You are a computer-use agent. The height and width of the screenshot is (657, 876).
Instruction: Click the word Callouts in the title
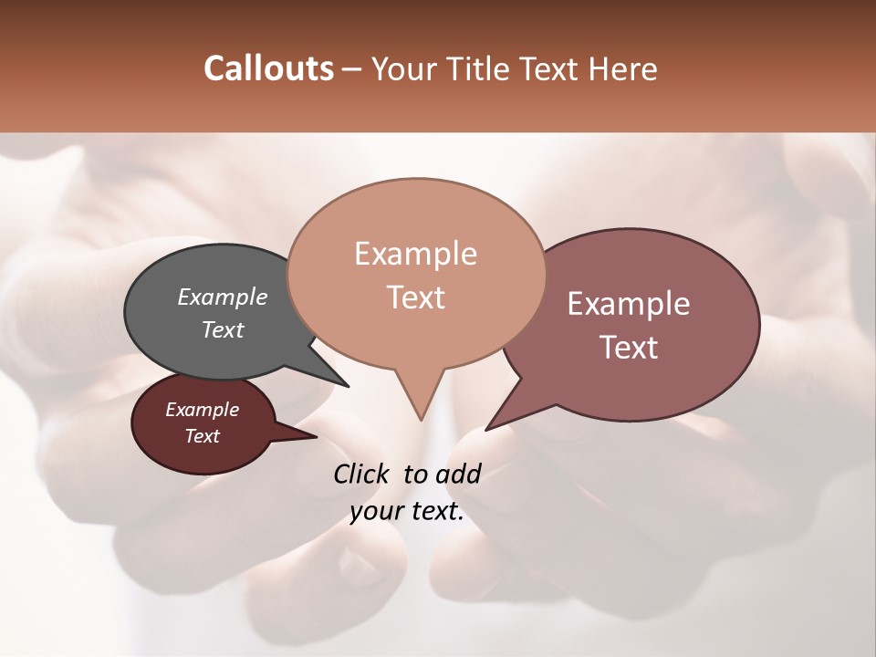tap(268, 68)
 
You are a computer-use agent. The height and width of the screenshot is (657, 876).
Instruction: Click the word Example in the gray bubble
tap(223, 297)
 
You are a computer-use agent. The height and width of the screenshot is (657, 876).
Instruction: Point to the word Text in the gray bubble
tap(223, 329)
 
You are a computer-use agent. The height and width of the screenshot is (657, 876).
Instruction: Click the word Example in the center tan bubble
tap(415, 254)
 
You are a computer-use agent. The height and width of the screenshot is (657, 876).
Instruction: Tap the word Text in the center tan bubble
tap(415, 297)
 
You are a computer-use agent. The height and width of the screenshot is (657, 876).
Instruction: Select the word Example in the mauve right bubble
tap(629, 304)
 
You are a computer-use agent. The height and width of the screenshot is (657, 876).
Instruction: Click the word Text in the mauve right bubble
tap(629, 348)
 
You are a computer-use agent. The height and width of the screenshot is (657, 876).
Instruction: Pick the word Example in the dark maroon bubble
tap(203, 410)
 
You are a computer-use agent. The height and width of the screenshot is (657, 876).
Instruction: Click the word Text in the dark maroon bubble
tap(203, 436)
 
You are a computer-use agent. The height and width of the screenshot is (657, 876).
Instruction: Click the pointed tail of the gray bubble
tap(343, 381)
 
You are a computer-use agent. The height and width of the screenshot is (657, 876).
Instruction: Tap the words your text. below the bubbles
tap(407, 511)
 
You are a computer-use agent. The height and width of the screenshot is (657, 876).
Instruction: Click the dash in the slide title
tap(353, 68)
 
